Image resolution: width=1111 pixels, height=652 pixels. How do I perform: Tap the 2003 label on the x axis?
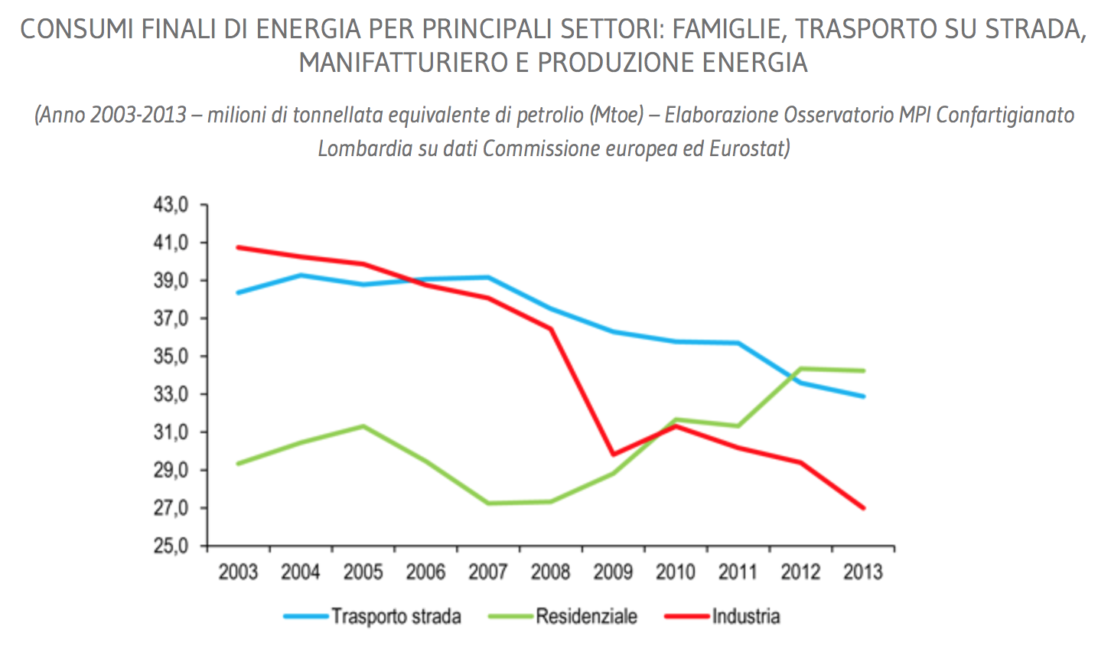click(x=238, y=572)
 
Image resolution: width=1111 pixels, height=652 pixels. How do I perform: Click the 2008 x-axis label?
click(x=550, y=572)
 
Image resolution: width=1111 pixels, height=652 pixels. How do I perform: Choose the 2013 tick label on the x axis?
click(x=862, y=572)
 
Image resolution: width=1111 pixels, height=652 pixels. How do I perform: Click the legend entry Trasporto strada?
click(x=396, y=617)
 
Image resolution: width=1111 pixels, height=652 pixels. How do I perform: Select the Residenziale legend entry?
click(x=586, y=617)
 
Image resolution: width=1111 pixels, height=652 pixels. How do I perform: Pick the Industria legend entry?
click(x=746, y=617)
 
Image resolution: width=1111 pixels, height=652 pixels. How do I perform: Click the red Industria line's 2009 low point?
click(x=614, y=455)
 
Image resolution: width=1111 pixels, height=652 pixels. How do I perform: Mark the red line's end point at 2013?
click(x=864, y=508)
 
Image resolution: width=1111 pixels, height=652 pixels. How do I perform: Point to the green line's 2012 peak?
click(x=801, y=369)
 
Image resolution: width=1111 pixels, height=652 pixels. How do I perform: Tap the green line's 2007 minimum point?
click(x=488, y=503)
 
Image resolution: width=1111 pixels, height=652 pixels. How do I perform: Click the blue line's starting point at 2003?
click(x=238, y=293)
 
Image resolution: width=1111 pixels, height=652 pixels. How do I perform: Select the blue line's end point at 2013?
click(x=864, y=396)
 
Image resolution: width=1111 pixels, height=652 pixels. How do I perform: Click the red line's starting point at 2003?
click(x=238, y=247)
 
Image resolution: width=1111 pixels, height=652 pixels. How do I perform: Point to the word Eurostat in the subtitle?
click(x=748, y=148)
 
